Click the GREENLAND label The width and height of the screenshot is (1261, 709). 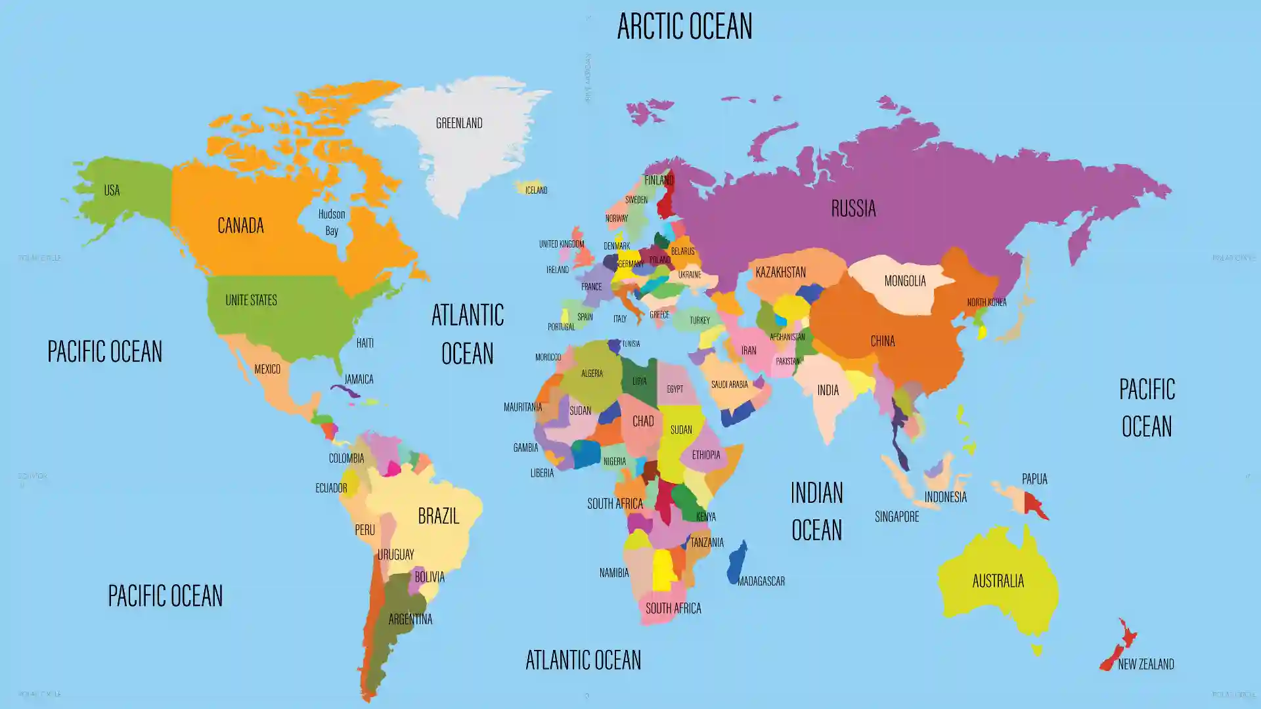click(459, 123)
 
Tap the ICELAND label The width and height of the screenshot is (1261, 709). click(536, 190)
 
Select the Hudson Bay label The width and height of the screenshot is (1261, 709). click(332, 222)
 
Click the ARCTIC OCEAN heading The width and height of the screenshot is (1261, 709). click(684, 26)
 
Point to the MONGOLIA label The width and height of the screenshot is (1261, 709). click(904, 281)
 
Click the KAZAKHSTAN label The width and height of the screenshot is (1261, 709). click(780, 272)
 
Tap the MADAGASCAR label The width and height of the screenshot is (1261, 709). click(761, 581)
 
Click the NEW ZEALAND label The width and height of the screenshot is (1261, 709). click(1145, 664)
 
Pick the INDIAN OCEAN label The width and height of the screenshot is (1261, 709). click(816, 511)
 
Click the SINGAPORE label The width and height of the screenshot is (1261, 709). click(896, 517)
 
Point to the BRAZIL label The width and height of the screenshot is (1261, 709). click(438, 516)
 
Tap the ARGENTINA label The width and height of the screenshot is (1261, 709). click(410, 619)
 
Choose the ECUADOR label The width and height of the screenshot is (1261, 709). click(331, 488)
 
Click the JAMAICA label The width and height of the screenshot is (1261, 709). click(359, 379)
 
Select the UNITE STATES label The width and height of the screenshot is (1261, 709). click(251, 300)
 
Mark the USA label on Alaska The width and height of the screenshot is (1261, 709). click(112, 190)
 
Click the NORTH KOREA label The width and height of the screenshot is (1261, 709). click(986, 302)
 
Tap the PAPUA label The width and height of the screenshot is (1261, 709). click(1034, 479)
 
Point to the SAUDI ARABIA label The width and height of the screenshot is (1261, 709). click(729, 384)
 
